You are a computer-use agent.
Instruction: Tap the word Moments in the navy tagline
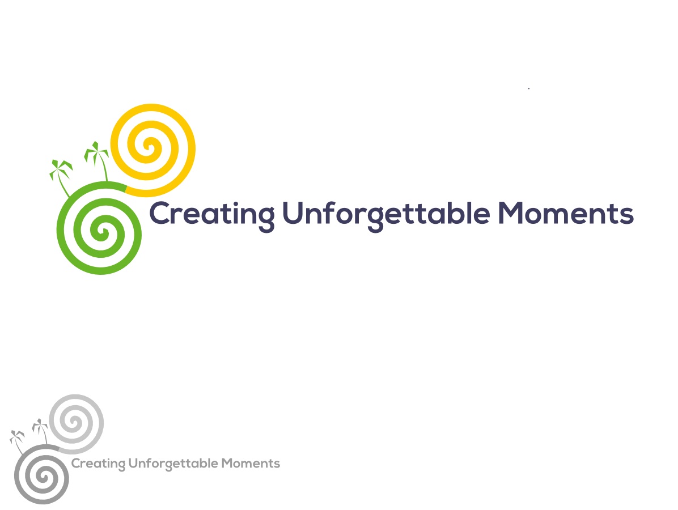(566, 213)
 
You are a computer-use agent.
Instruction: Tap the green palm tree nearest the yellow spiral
(98, 159)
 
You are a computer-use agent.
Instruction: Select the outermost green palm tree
(61, 176)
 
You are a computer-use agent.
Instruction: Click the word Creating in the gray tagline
(98, 464)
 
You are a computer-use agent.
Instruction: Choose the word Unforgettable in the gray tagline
(173, 464)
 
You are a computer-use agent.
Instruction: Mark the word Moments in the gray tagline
(251, 464)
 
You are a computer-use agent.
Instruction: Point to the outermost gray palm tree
(18, 440)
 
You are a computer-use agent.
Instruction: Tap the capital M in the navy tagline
(511, 213)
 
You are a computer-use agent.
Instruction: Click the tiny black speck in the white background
(529, 88)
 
